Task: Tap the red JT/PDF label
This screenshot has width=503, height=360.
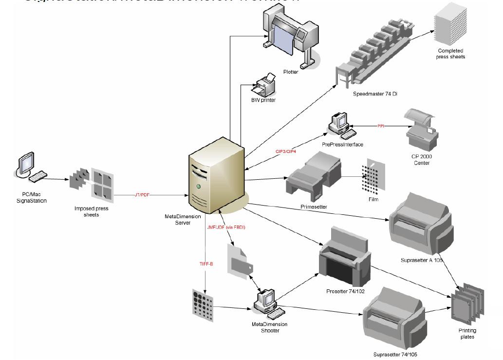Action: coord(142,194)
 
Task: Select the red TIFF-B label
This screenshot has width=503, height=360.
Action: coord(205,264)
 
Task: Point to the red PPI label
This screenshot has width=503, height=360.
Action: coord(381,126)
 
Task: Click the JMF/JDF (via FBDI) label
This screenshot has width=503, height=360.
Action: coord(225,227)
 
